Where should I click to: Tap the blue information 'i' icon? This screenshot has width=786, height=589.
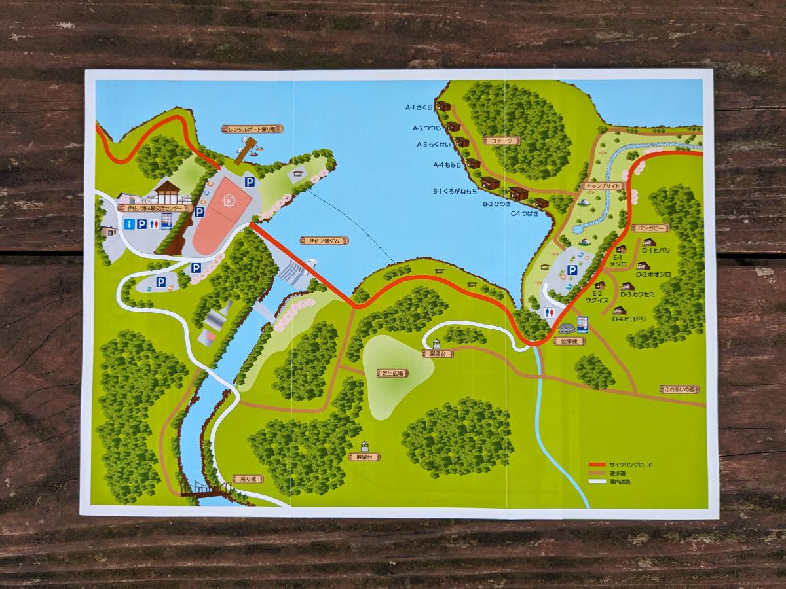click(x=129, y=224)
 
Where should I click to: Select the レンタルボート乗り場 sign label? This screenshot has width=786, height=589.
click(x=252, y=130)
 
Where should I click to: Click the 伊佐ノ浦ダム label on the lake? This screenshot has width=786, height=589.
click(x=324, y=241)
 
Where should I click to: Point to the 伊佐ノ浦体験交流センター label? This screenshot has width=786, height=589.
click(x=156, y=208)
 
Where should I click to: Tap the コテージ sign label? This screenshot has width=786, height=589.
click(x=501, y=141)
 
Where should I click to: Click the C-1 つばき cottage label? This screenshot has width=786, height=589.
click(x=525, y=213)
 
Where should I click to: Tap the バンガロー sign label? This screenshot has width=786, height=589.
click(x=650, y=228)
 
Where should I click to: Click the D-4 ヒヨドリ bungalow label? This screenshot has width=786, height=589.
click(x=629, y=319)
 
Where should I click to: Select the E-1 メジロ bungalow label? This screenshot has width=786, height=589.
click(x=619, y=260)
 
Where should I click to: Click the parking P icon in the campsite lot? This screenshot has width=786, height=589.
click(x=572, y=270)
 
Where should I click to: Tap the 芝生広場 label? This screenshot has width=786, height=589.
click(x=392, y=373)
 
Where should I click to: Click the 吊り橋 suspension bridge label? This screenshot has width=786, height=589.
click(x=248, y=479)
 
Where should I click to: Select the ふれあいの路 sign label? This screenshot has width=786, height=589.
click(x=679, y=389)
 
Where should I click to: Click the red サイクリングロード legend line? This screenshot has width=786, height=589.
click(x=597, y=465)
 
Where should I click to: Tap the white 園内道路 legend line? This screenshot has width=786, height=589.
click(x=597, y=482)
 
